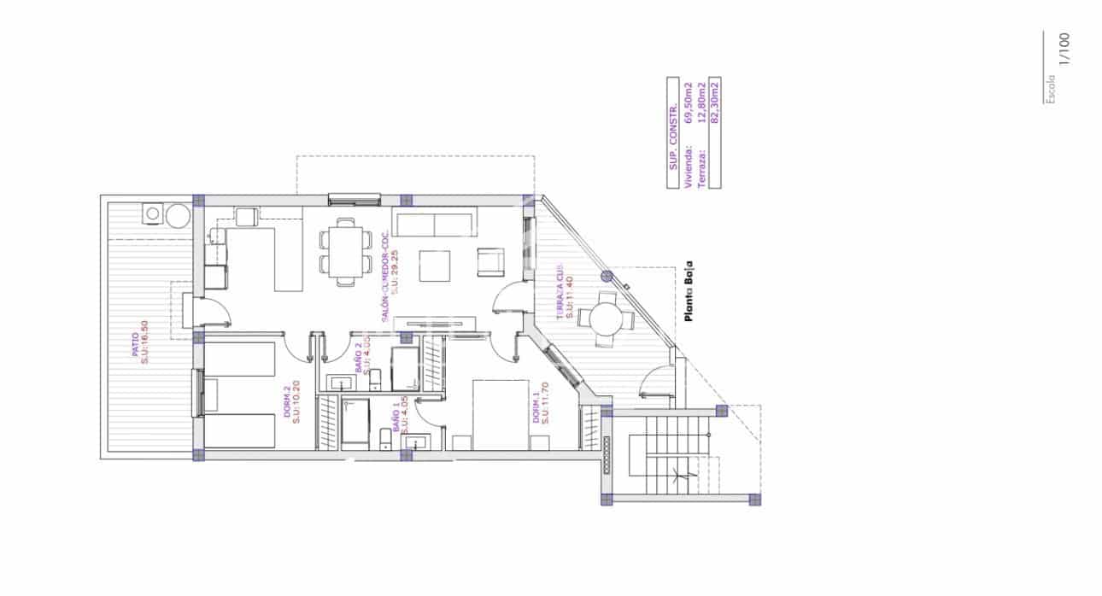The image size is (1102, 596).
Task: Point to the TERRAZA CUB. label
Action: tap(563, 290)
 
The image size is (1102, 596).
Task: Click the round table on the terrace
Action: tap(606, 318)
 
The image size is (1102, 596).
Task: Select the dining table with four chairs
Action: tap(345, 251)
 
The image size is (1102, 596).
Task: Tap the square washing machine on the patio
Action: tap(154, 213)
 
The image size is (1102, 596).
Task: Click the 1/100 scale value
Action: tap(1064, 49)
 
